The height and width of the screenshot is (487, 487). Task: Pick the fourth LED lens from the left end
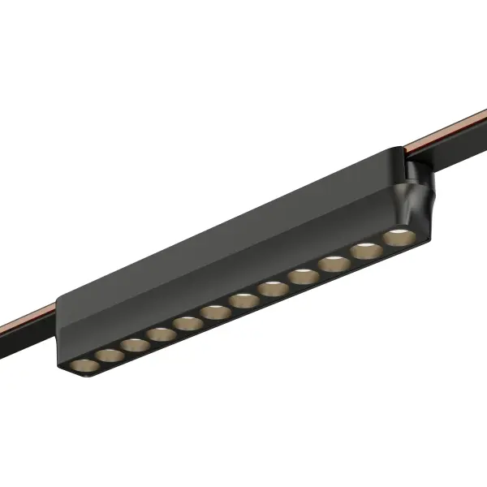pyautogui.click(x=159, y=334)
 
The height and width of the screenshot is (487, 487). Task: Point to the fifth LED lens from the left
pyautogui.click(x=187, y=323)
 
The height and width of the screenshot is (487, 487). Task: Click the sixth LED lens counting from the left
pyautogui.click(x=214, y=312)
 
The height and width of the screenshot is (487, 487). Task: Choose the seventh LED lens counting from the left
pyautogui.click(x=243, y=300)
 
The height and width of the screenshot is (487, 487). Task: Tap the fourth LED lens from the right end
pyautogui.click(x=303, y=277)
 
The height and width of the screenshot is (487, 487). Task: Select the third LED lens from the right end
pyautogui.click(x=334, y=265)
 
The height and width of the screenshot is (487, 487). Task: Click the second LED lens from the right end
pyautogui.click(x=365, y=252)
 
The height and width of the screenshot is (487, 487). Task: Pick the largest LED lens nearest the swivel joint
pyautogui.click(x=397, y=238)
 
